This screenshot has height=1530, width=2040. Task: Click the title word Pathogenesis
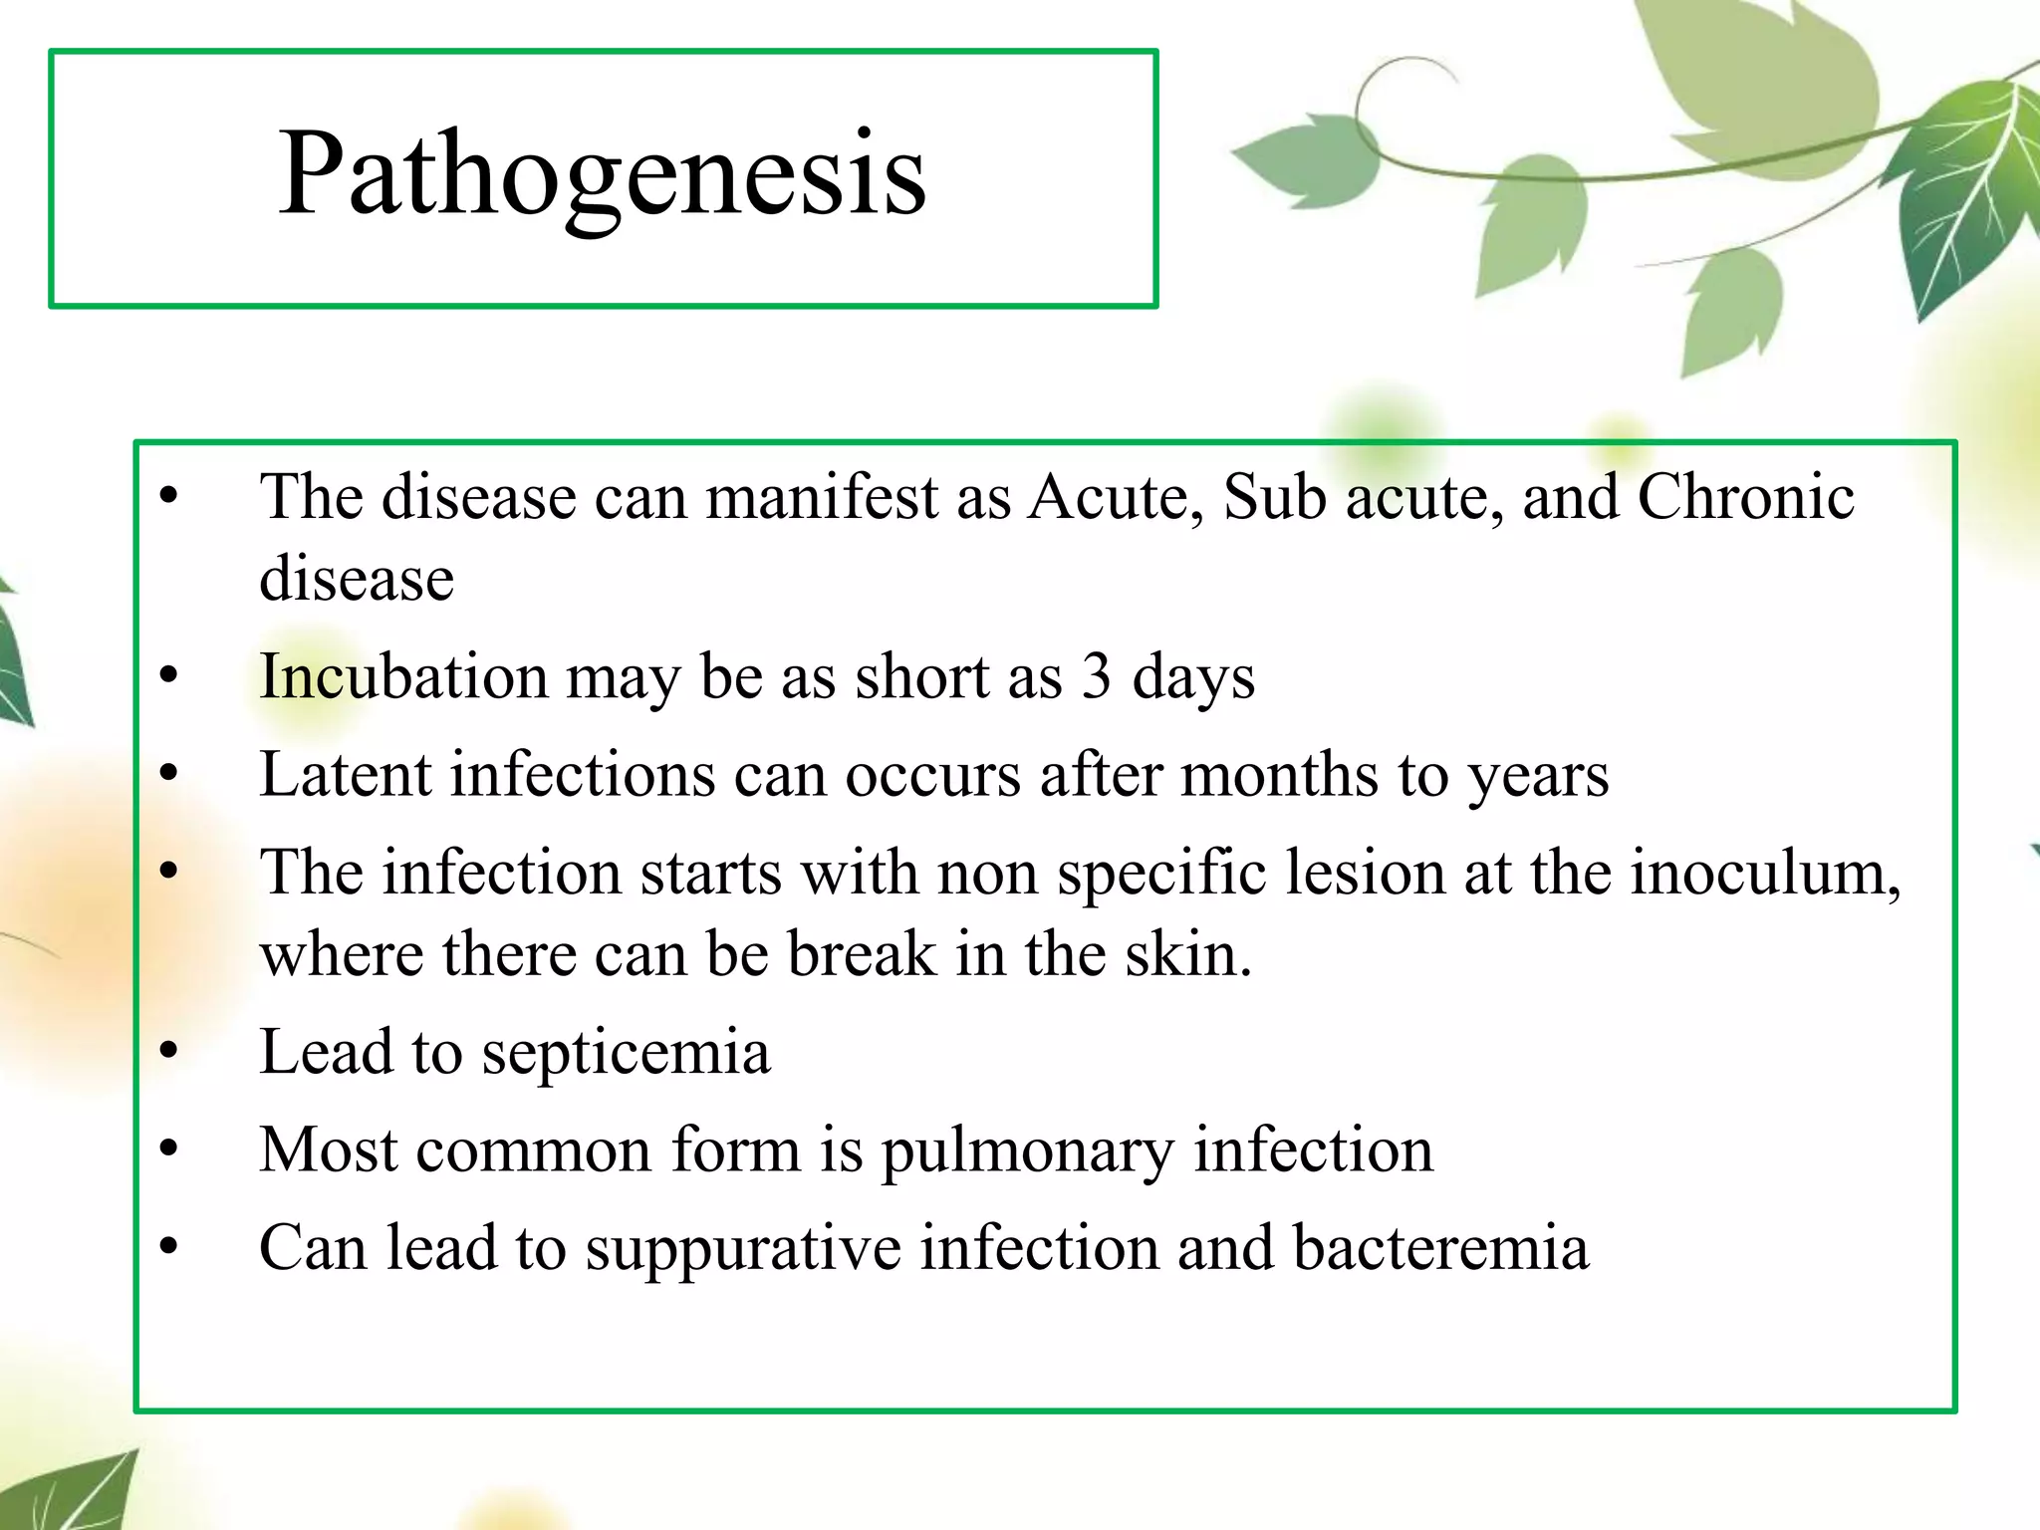coord(602,175)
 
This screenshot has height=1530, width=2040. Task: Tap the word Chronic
coord(1745,496)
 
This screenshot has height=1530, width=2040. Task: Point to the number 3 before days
coord(1096,676)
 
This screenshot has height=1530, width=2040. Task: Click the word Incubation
coord(403,676)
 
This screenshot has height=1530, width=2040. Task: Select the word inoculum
coord(1763,873)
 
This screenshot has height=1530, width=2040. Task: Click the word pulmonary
coord(1028,1151)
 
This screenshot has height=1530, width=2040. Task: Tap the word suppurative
coord(742,1249)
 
